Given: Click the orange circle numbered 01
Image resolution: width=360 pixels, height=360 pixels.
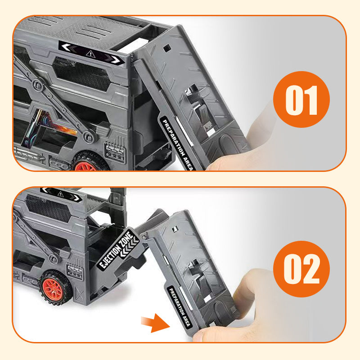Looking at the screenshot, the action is coord(301,99).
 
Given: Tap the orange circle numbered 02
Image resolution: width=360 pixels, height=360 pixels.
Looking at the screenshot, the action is coord(301,269).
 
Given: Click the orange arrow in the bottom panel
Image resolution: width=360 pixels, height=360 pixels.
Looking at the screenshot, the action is coord(155,323).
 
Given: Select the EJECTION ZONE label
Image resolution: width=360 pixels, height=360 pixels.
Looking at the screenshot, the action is coord(118,249).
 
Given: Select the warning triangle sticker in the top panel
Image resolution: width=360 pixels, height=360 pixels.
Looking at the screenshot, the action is coord(90,54).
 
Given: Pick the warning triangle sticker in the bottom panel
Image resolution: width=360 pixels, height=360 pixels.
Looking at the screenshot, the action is coord(60,194).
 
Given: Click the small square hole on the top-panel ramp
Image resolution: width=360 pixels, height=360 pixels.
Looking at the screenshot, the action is coord(166,48).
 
